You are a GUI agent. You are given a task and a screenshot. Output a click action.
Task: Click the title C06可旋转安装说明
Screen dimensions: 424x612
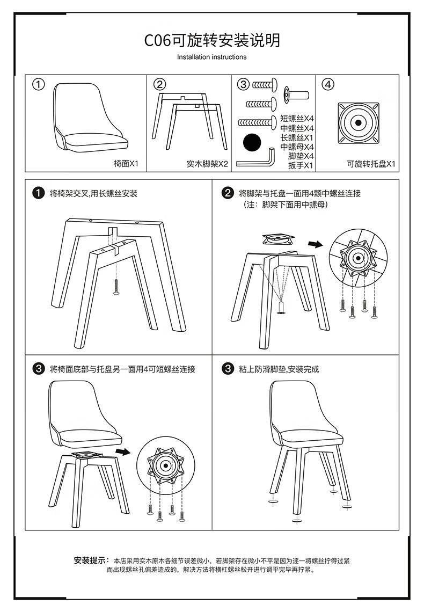pyautogui.click(x=212, y=40)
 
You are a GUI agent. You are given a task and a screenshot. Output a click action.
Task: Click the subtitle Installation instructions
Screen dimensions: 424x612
pyautogui.click(x=212, y=57)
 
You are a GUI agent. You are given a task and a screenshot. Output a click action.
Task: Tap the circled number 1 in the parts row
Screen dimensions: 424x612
pyautogui.click(x=38, y=84)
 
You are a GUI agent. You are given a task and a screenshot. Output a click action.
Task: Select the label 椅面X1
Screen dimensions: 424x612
pyautogui.click(x=126, y=164)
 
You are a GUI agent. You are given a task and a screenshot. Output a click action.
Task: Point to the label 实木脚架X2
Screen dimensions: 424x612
pyautogui.click(x=207, y=164)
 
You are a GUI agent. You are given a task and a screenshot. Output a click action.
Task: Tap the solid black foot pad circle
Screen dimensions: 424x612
pyautogui.click(x=252, y=142)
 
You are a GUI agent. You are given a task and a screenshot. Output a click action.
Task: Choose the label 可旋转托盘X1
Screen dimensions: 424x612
pyautogui.click(x=371, y=164)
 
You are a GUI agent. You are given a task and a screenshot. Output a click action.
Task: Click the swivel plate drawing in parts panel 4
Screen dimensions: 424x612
pyautogui.click(x=359, y=123)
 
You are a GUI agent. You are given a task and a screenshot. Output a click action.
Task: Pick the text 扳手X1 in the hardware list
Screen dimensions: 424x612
pyautogui.click(x=301, y=165)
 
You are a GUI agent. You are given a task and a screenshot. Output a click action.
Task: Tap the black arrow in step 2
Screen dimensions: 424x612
pyautogui.click(x=316, y=244)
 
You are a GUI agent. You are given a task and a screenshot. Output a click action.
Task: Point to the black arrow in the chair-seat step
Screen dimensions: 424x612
pyautogui.click(x=123, y=451)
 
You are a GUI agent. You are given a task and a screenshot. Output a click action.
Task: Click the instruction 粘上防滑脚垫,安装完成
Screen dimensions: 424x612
pyautogui.click(x=279, y=369)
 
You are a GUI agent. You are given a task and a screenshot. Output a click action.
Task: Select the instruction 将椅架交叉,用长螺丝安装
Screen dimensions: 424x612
pyautogui.click(x=93, y=194)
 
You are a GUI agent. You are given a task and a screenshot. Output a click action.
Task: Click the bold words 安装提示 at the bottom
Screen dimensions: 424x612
pyautogui.click(x=91, y=560)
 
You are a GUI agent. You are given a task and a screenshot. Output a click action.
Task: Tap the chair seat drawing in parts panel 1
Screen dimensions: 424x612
pyautogui.click(x=91, y=118)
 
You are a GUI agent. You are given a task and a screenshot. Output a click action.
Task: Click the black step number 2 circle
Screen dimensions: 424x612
pyautogui.click(x=228, y=193)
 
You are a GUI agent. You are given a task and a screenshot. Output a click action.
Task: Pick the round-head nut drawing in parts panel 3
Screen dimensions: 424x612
pyautogui.click(x=296, y=95)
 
